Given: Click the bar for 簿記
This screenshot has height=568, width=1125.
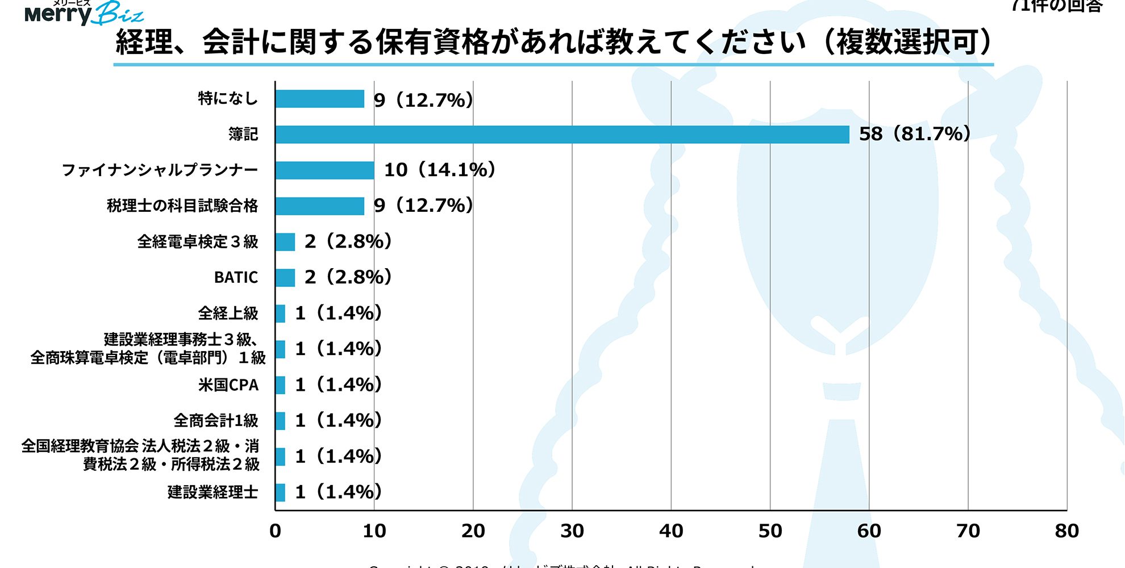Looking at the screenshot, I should click(x=562, y=135).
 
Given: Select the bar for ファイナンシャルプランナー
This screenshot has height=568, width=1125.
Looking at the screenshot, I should click(x=324, y=170).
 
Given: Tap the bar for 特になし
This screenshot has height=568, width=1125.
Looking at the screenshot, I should click(x=319, y=99).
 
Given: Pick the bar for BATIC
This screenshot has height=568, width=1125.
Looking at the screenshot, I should click(x=285, y=278).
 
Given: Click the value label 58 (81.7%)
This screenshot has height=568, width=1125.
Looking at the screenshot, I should click(x=914, y=134).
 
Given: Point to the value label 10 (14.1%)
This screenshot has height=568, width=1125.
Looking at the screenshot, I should click(x=440, y=170).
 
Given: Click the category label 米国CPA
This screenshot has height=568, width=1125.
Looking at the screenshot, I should click(x=228, y=385).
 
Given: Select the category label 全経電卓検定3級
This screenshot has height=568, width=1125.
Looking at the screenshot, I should click(x=197, y=242).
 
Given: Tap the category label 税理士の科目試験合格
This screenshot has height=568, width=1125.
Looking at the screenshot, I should click(x=182, y=206).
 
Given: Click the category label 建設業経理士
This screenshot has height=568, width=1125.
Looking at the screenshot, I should click(x=213, y=492).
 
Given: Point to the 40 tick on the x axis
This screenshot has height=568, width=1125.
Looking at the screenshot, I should click(x=671, y=531).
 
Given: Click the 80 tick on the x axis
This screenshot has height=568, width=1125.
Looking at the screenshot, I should click(x=1066, y=531).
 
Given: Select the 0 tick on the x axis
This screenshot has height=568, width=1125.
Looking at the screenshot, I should click(x=276, y=531).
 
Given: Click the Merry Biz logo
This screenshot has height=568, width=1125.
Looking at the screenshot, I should click(x=84, y=12).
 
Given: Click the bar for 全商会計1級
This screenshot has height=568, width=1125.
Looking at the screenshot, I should click(x=280, y=421).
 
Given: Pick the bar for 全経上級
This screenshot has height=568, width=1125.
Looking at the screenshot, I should click(x=280, y=314).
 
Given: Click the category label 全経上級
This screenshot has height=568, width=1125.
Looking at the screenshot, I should click(x=228, y=314).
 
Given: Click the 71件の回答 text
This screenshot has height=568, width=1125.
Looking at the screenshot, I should click(x=1057, y=6).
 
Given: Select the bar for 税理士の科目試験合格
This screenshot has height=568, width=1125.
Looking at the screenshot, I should click(x=319, y=206).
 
